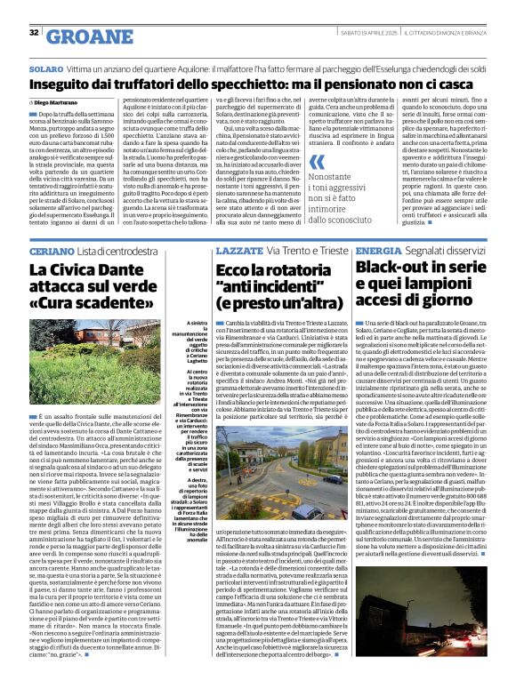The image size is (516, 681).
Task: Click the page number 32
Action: [34, 33]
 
